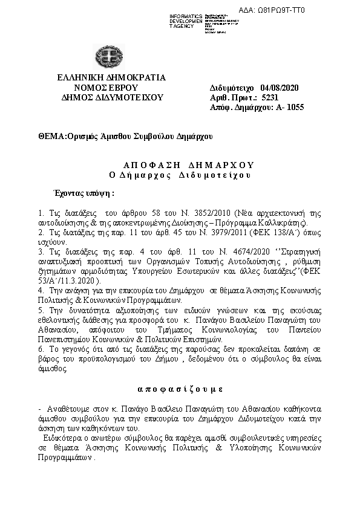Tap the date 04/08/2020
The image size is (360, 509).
click(279, 88)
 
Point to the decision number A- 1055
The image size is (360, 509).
click(287, 108)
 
